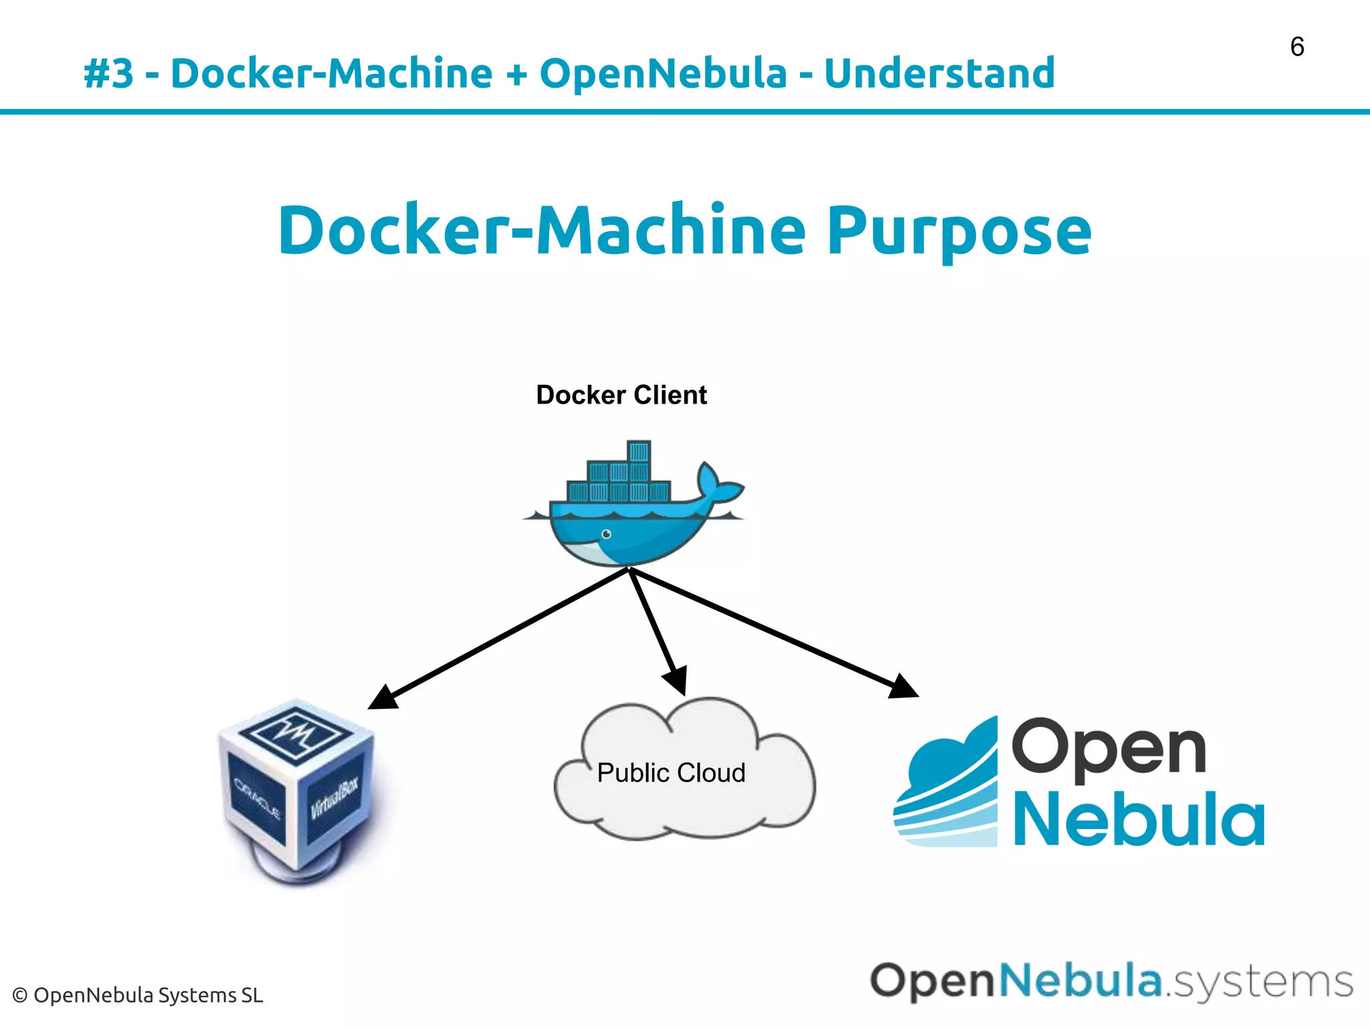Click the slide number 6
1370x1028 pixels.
[1296, 47]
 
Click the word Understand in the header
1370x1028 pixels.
[939, 73]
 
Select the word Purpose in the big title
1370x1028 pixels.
[959, 231]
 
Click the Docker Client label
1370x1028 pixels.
[621, 395]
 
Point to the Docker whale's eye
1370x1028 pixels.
[606, 533]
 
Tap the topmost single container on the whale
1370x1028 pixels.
[638, 451]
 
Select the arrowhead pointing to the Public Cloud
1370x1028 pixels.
[676, 681]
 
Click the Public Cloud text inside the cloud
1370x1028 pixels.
[671, 773]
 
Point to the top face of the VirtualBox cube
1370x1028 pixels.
[296, 734]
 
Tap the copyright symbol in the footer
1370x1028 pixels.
[20, 996]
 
